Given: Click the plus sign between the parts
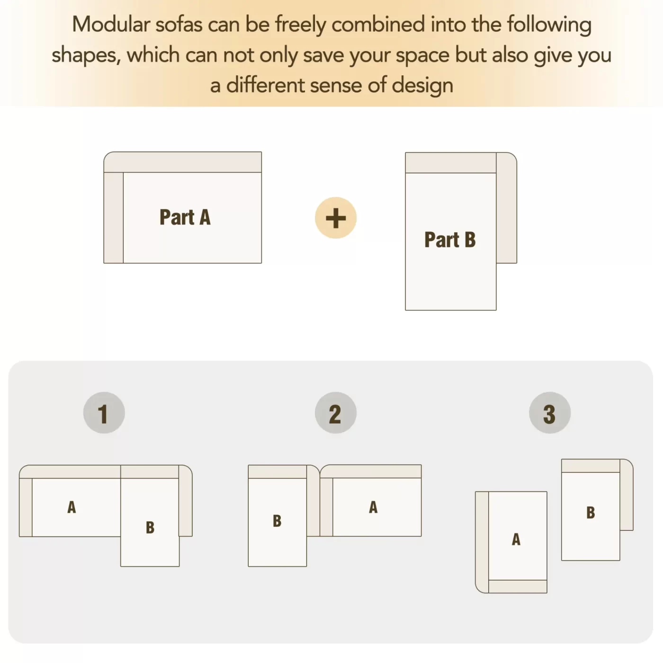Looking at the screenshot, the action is (335, 218).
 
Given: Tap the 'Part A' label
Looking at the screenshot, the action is (185, 217).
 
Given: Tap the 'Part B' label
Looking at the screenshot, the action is (450, 240).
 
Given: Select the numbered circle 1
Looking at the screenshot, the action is (104, 412).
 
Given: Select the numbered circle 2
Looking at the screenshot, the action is (335, 412).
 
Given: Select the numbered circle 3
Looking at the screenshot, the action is (550, 412).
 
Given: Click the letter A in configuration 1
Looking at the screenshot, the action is (72, 507).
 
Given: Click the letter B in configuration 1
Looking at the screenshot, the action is (150, 528).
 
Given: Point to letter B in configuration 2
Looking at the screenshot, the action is (277, 521).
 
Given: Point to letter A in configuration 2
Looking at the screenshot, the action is (373, 507).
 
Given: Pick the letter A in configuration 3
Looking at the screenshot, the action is (516, 539).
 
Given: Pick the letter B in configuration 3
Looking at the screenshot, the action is (591, 513).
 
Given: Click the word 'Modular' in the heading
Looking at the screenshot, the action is (111, 25).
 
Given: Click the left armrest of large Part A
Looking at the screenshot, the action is (114, 218).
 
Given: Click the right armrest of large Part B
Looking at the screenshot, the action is (506, 208).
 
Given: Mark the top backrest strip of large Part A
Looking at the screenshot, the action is (183, 162).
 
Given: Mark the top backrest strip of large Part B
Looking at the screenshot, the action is (451, 163).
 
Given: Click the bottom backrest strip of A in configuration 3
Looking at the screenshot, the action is (518, 586).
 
